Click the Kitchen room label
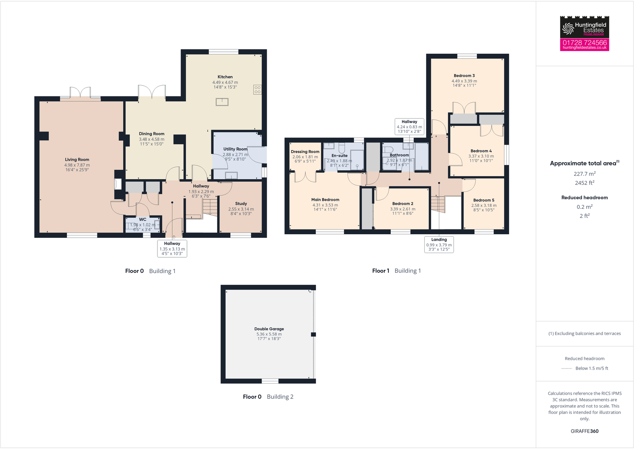coord(225,77)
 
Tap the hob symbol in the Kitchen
coord(257,90)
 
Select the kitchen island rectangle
coord(222,102)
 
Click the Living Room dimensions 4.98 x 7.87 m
coord(77,165)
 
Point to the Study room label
coord(241,204)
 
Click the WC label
coord(142,220)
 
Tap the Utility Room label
coord(235,149)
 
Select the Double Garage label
coord(269,329)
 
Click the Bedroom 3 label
coord(464,76)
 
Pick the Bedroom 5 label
coord(484,200)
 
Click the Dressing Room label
coord(305,152)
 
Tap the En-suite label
coord(339,156)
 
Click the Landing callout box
coord(439,245)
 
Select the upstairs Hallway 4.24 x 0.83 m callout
coord(409,127)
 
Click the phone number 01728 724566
coord(585,43)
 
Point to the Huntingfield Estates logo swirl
coord(568,28)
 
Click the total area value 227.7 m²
coord(585,174)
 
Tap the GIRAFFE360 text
coord(585,431)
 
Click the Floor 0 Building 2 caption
coord(268,397)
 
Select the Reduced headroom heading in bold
coord(585,198)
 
